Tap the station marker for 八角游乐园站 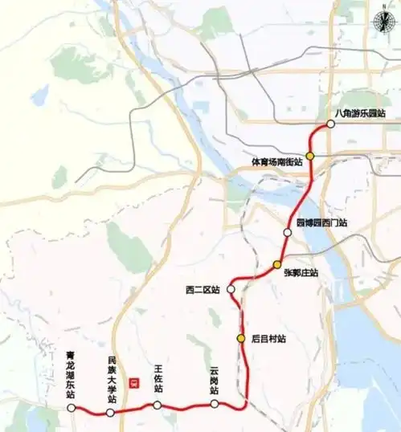(329, 126)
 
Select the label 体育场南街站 (276, 162)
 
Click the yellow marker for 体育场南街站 (309, 157)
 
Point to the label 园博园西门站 (321, 222)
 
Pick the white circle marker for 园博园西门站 (287, 232)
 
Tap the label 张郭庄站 (301, 273)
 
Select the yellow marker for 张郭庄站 (276, 264)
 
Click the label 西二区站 (202, 290)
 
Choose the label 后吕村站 (268, 339)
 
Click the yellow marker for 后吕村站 (240, 338)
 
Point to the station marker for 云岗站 (215, 404)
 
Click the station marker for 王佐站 (158, 405)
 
